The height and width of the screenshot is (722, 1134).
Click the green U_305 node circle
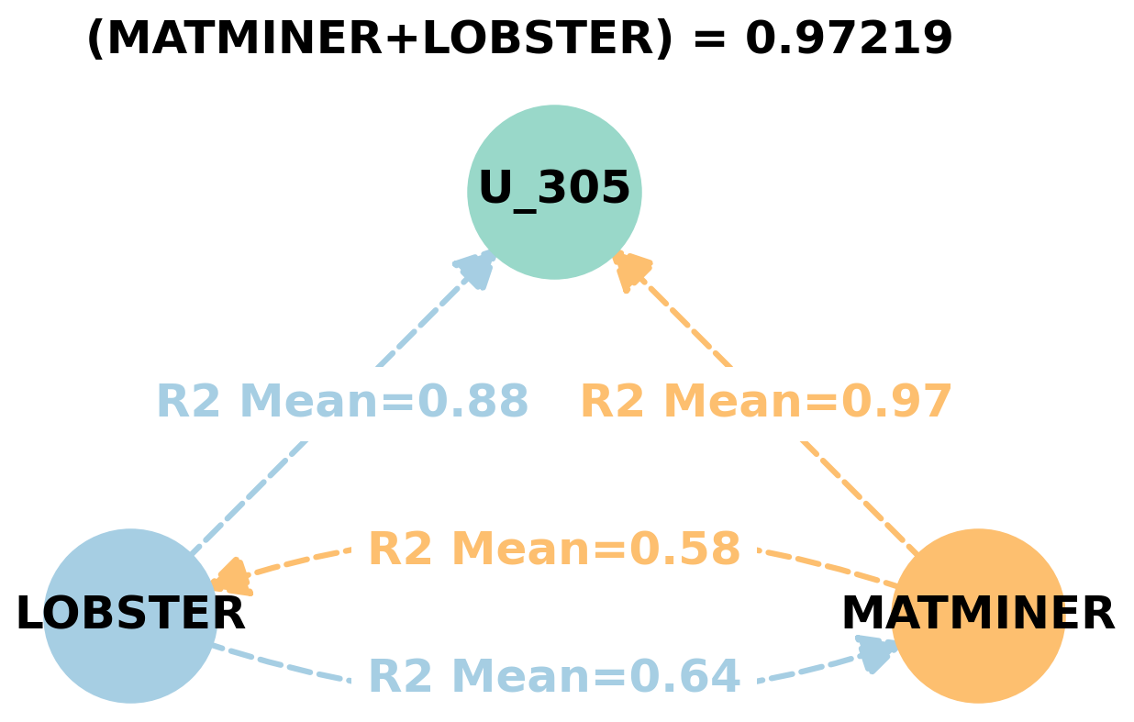click(x=554, y=192)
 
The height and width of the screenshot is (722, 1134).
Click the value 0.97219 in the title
click(x=849, y=39)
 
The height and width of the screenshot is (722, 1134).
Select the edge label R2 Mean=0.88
click(x=342, y=402)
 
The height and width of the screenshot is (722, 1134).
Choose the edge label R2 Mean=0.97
click(x=766, y=402)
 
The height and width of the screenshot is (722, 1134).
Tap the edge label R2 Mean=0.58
click(x=554, y=550)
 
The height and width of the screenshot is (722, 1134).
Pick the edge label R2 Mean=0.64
click(x=554, y=677)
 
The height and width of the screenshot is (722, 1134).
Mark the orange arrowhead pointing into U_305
click(x=631, y=271)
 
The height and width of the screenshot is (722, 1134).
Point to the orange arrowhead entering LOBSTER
click(x=230, y=578)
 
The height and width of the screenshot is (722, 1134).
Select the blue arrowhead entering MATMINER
click(x=876, y=652)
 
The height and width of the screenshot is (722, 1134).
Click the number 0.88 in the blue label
click(x=473, y=402)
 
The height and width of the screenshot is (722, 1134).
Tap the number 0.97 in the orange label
click(x=897, y=402)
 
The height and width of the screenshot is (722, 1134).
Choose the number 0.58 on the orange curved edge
click(x=685, y=550)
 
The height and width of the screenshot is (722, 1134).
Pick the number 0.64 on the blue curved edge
click(x=685, y=677)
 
